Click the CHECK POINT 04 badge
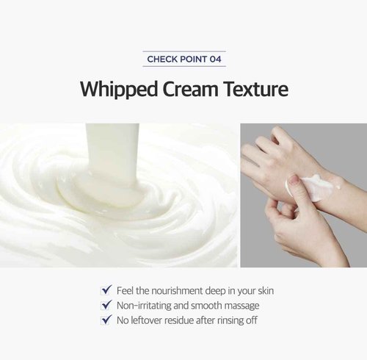[x=183, y=58]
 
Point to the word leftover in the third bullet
[x=152, y=320]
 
